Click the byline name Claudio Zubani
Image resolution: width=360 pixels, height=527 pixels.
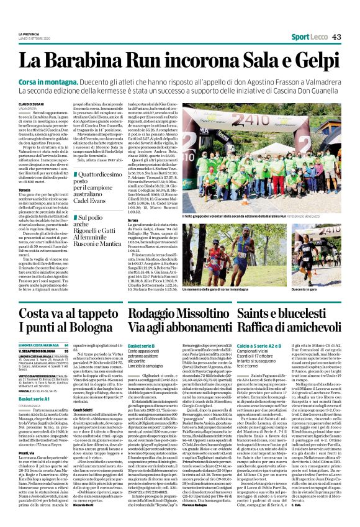(31, 104)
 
